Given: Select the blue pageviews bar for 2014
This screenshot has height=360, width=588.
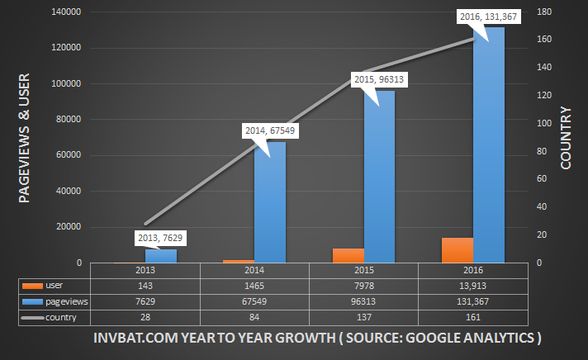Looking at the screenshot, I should (269, 202).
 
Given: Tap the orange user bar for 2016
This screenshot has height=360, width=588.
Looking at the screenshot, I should (458, 250).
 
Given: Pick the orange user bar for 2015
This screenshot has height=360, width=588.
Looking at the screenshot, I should (348, 255).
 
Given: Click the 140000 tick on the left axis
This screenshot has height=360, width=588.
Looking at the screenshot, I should (65, 12).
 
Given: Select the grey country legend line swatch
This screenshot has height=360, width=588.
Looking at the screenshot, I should (32, 318).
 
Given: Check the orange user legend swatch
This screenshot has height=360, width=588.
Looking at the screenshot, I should (32, 286).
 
